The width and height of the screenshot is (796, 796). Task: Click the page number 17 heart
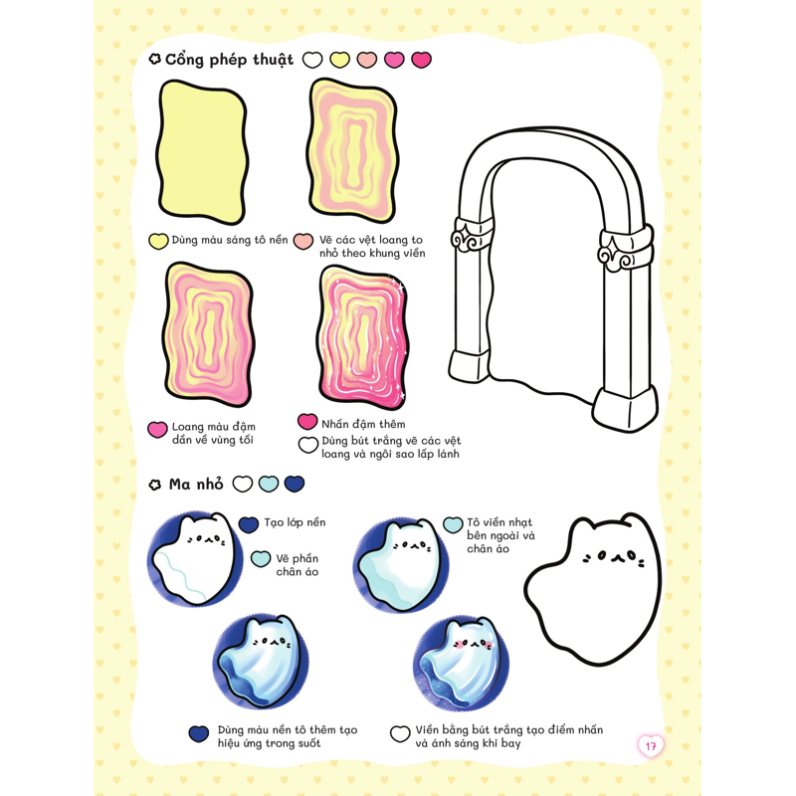(x=651, y=746)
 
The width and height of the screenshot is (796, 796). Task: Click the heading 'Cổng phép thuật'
(x=229, y=60)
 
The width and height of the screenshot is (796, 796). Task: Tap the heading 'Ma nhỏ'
(x=196, y=485)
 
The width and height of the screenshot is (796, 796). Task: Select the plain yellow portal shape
(x=202, y=152)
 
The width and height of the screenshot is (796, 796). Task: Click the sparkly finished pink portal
(x=362, y=337)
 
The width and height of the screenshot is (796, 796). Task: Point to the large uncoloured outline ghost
(x=593, y=589)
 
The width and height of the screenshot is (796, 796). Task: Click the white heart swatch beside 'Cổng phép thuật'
(x=312, y=60)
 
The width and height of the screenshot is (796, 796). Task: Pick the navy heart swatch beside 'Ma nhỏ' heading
(x=295, y=484)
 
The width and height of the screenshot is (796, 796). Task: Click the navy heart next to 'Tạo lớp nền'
(x=248, y=525)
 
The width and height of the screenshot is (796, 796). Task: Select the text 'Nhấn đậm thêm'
(x=363, y=424)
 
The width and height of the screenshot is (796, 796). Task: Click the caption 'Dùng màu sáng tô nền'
(x=230, y=240)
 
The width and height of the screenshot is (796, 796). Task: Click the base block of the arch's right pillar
(x=624, y=409)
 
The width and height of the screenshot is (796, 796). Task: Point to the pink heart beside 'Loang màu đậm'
(x=157, y=430)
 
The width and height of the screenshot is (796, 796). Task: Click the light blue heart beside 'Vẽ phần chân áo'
(x=261, y=559)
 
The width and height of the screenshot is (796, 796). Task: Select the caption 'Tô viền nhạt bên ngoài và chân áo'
(x=500, y=535)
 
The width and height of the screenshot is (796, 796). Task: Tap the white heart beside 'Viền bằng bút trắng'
(x=400, y=733)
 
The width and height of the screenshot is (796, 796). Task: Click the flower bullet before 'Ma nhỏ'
(x=155, y=485)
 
